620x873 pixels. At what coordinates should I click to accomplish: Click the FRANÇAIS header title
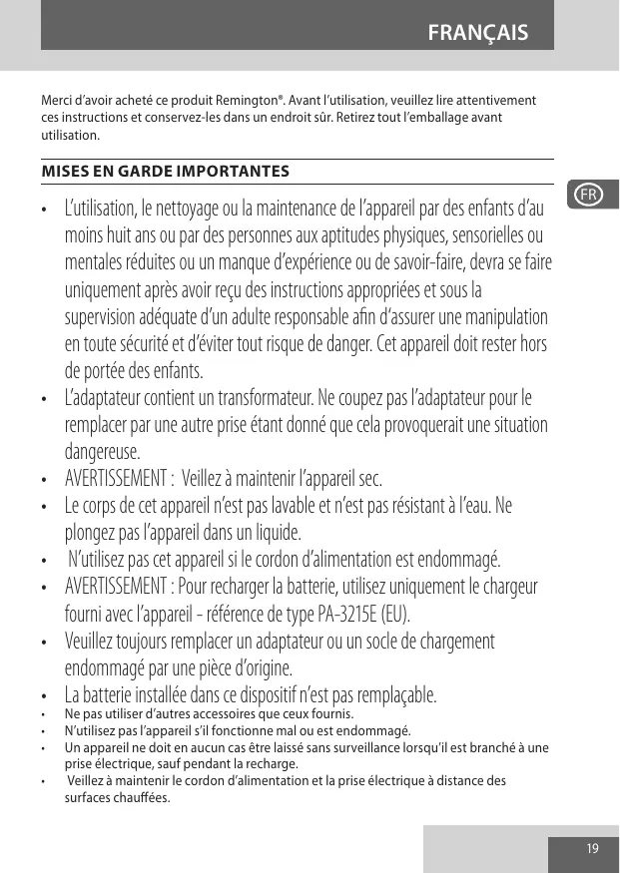pos(477,34)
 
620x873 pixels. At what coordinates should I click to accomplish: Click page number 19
pos(593,848)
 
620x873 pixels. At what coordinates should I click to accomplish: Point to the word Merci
pos(56,102)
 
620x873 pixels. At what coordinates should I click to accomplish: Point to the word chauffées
pos(138,798)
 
